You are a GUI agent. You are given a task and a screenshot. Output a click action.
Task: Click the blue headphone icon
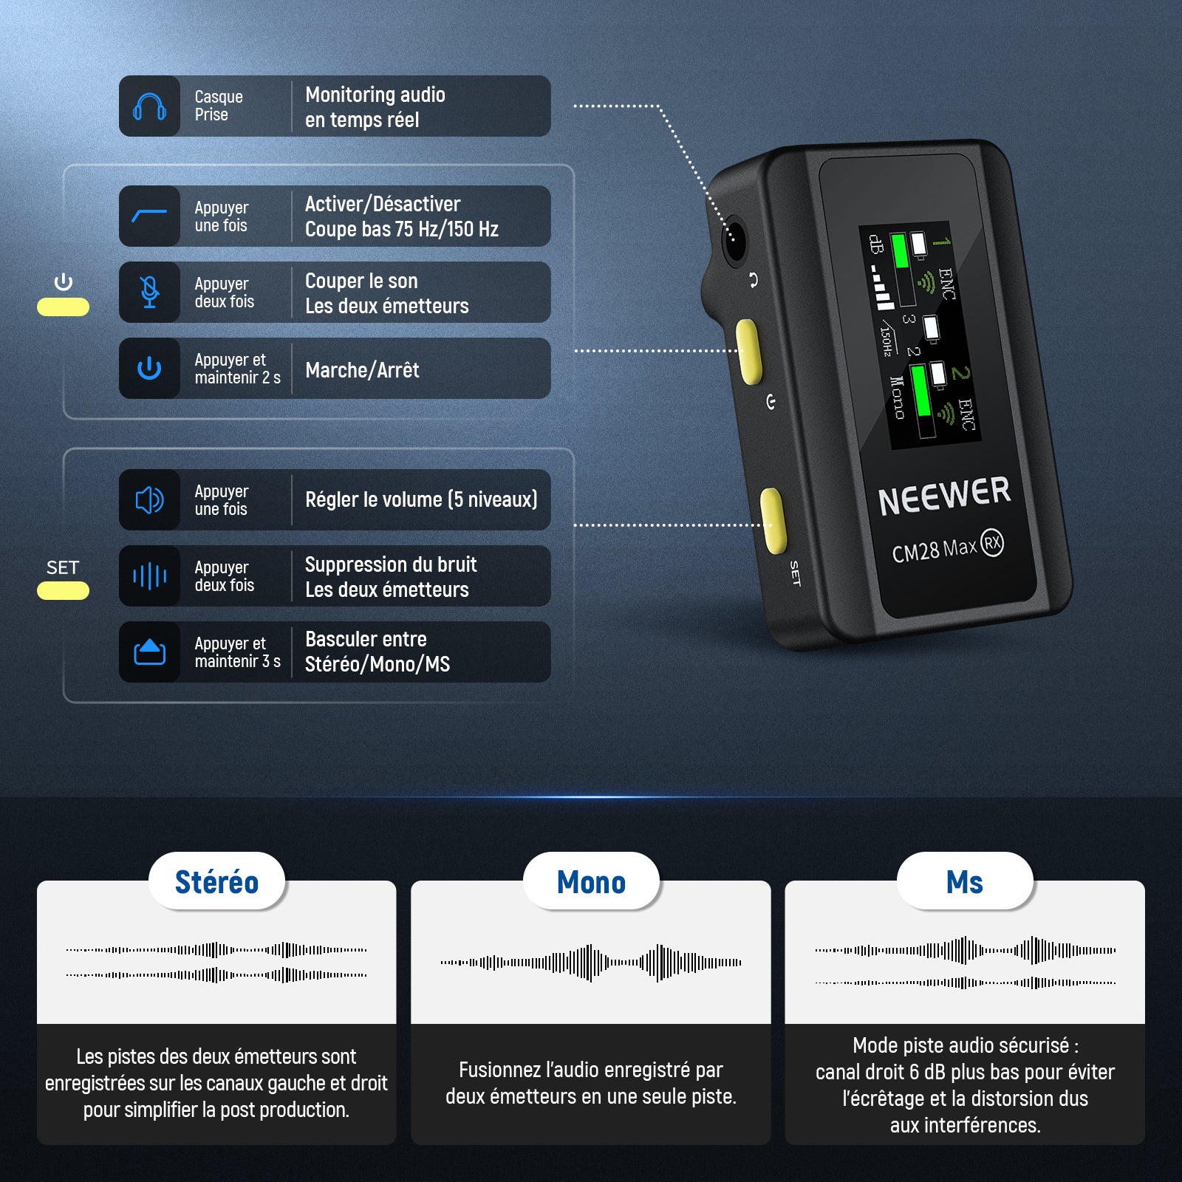click(149, 106)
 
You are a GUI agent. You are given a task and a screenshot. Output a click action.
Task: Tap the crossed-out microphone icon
click(149, 292)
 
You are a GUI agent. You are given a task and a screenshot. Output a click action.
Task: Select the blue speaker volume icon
click(149, 500)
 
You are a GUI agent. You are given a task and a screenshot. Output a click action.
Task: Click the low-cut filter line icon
click(149, 216)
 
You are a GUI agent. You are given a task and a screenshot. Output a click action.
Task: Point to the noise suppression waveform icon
click(149, 576)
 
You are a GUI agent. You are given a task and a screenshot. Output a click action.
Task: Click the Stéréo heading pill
click(217, 881)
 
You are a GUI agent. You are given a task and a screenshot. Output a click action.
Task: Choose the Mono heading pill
click(591, 881)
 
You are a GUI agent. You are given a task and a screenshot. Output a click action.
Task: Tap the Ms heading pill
click(965, 881)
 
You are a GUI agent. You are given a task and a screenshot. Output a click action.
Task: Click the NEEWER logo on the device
click(944, 496)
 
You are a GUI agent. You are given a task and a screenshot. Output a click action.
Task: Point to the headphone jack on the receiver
click(734, 241)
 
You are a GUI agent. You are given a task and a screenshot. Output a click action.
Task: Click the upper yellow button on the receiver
click(749, 352)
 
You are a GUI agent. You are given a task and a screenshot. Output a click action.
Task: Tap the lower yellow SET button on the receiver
click(773, 521)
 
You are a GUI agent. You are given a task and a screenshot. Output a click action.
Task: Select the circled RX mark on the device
click(992, 543)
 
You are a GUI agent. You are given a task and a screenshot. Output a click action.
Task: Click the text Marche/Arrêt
click(362, 369)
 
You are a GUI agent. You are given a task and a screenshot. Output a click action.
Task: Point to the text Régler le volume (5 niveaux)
click(421, 500)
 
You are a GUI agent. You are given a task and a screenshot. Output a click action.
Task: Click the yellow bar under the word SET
click(63, 590)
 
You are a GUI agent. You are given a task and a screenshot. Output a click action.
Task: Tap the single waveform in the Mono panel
click(591, 963)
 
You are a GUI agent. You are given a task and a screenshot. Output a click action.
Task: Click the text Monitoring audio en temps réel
click(375, 107)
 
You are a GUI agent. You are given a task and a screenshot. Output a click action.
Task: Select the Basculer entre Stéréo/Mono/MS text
click(378, 652)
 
